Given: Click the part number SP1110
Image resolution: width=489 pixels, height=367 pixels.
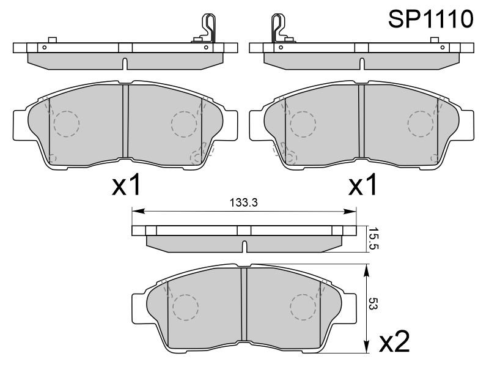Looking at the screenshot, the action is click(431, 19).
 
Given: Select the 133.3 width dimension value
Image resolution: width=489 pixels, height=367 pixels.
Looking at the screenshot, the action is click(243, 203).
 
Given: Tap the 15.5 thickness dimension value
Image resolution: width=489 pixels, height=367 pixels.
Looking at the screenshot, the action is click(373, 239).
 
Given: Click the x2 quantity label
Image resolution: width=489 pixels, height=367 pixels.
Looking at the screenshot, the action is click(394, 342).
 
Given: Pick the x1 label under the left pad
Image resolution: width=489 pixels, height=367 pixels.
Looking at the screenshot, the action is click(127, 185).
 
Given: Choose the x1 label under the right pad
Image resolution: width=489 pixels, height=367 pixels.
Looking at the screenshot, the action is click(362, 185).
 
